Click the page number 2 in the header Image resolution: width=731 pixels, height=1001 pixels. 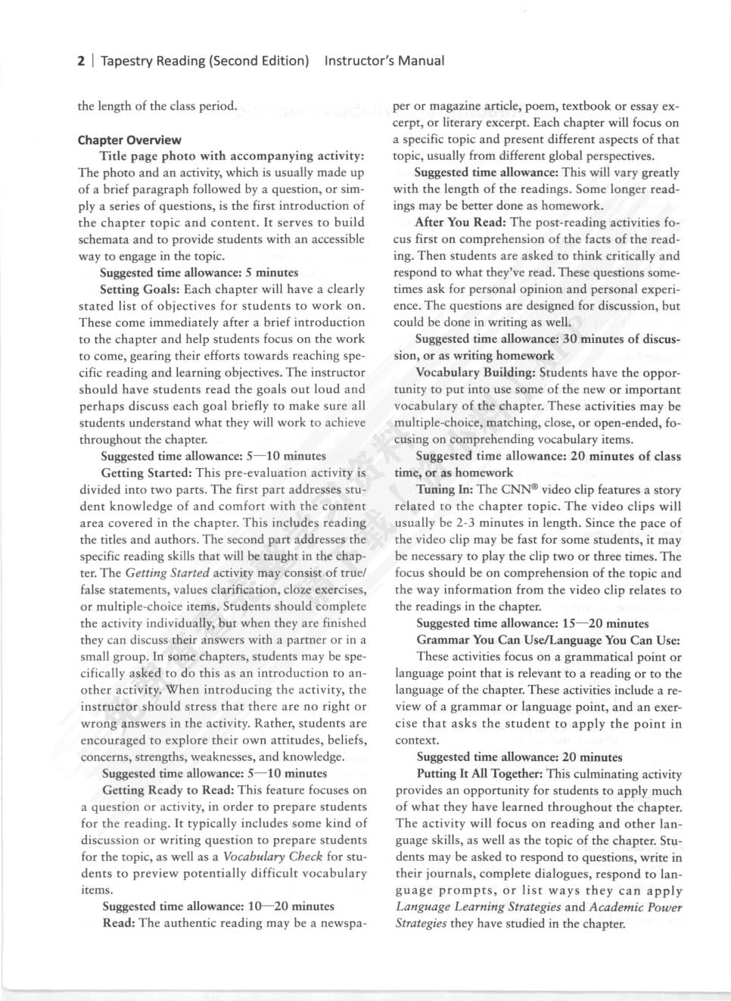[x=81, y=61]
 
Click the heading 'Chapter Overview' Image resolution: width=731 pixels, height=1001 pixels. [x=129, y=140]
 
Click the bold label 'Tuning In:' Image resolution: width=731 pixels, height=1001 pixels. [x=445, y=490]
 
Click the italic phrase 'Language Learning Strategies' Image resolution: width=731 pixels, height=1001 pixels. [x=478, y=907]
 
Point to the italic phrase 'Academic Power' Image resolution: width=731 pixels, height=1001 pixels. [x=636, y=907]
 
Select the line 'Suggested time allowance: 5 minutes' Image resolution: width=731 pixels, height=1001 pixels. [x=199, y=273]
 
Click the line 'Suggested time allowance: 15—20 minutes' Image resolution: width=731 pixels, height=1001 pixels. [x=533, y=624]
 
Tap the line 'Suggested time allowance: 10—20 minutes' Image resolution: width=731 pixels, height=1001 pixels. [x=218, y=906]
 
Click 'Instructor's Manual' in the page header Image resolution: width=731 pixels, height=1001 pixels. [x=384, y=61]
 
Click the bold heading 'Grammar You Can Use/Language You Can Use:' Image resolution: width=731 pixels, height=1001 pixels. [x=549, y=640]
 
